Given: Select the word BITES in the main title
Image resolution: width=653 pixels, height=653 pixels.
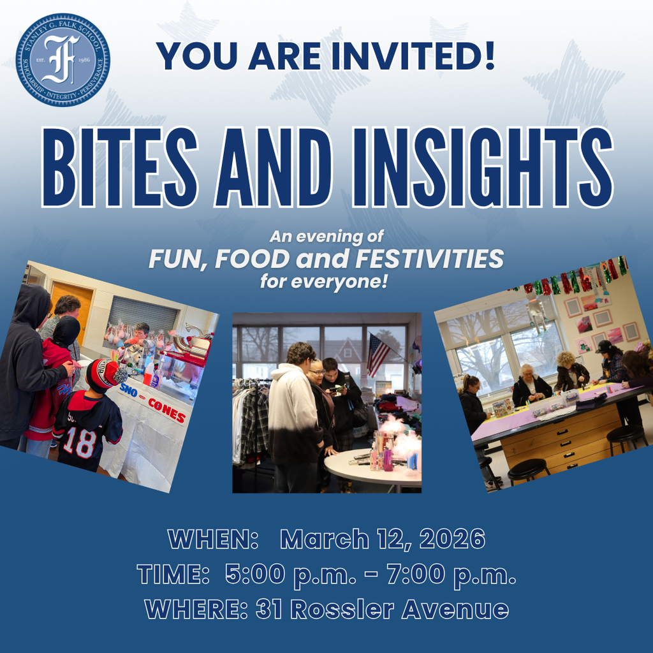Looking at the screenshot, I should pos(122,166).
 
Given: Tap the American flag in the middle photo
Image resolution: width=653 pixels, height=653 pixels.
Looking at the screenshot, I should pos(378,355).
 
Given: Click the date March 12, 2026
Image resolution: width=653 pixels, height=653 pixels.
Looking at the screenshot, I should pos(383,539).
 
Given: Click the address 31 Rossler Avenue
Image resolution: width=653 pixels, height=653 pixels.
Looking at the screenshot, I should pos(382,610).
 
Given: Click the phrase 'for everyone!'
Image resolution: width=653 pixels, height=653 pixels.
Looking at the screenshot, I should pos(324,281).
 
